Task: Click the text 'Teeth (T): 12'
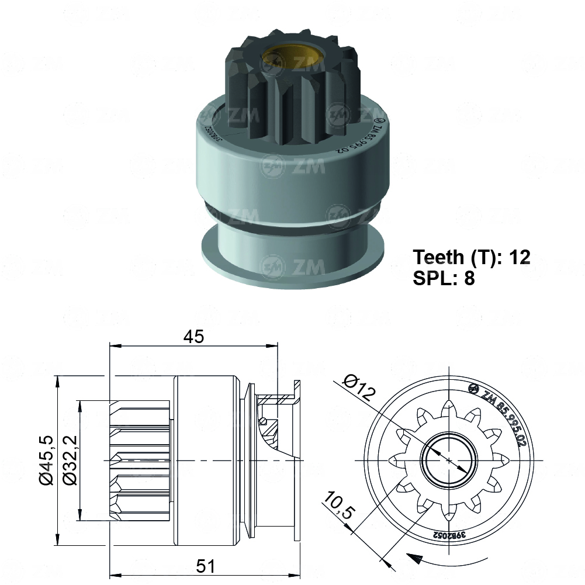pyautogui.click(x=472, y=257)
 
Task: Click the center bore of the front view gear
pyautogui.click(x=449, y=461)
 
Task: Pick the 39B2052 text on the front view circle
pyautogui.click(x=448, y=535)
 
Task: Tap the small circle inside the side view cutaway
pyautogui.click(x=264, y=421)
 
